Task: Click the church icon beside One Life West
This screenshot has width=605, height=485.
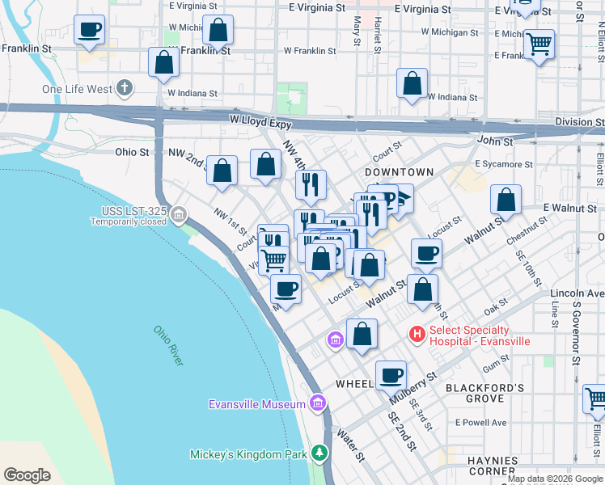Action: pyautogui.click(x=124, y=87)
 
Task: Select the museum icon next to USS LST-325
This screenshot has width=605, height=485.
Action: pyautogui.click(x=179, y=216)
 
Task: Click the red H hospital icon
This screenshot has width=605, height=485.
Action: pyautogui.click(x=417, y=334)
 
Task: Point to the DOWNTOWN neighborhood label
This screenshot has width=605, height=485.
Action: pyautogui.click(x=399, y=173)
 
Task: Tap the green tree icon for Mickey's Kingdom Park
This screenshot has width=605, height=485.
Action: pyautogui.click(x=321, y=453)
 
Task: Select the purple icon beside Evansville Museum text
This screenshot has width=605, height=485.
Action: pyautogui.click(x=318, y=403)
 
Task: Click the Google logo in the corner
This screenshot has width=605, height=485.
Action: pyautogui.click(x=27, y=474)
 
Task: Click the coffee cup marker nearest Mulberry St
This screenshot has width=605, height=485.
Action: pyautogui.click(x=391, y=375)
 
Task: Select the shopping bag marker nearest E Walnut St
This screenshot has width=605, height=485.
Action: pyautogui.click(x=506, y=200)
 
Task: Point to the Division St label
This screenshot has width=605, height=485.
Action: pyautogui.click(x=579, y=122)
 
